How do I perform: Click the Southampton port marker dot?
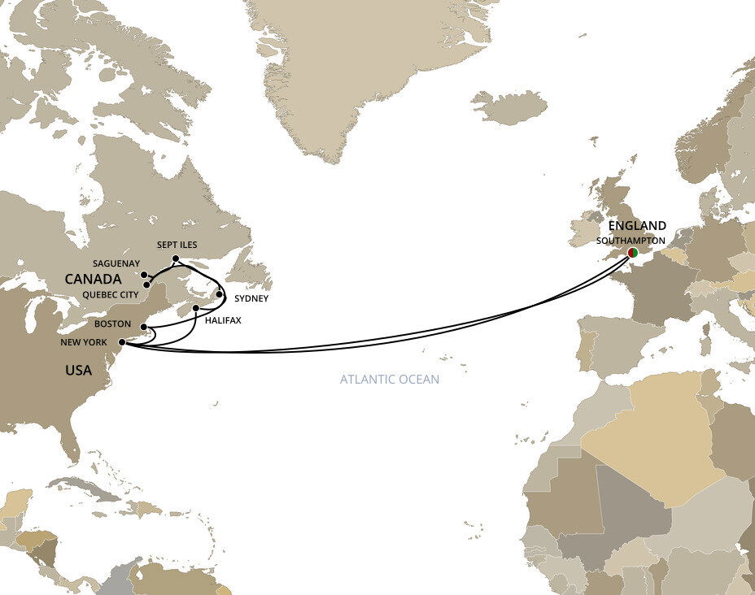632,253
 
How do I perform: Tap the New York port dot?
122,342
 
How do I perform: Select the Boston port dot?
144,328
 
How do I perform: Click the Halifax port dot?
196,308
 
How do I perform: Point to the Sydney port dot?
219,294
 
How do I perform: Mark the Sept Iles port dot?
176,258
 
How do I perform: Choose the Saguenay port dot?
144,275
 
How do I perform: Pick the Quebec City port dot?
146,284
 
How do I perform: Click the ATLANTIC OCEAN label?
390,380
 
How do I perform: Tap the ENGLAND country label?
637,226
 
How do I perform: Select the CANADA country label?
94,279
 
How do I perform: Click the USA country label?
78,371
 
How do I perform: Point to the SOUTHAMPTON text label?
631,241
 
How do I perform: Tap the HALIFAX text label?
223,321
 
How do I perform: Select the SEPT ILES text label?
177,245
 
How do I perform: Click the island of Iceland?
509,107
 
